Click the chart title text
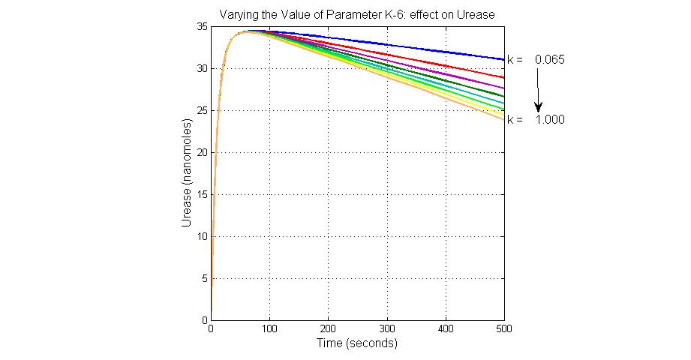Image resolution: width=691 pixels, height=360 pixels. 357,14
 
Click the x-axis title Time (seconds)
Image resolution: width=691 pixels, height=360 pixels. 357,343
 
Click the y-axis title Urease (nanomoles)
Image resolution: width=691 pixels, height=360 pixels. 186,172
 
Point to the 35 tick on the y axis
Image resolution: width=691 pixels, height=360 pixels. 202,26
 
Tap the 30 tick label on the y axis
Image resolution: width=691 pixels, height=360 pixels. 202,68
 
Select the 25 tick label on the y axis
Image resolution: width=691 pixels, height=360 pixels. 202,110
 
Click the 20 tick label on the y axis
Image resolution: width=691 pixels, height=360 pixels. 202,152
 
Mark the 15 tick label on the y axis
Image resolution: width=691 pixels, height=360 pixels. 202,194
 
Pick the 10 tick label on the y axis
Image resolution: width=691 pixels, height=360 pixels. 202,236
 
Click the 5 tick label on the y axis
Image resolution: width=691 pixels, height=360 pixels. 204,278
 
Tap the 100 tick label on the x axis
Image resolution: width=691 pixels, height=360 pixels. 269,328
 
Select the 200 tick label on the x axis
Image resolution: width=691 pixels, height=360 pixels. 328,328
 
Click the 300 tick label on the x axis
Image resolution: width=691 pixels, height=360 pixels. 386,328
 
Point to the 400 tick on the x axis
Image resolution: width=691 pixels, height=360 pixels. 446,328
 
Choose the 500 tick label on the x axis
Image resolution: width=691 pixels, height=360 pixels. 504,328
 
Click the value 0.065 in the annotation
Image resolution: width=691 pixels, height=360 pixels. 550,58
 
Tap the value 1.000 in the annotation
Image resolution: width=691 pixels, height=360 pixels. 550,120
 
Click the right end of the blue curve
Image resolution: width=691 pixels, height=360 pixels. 503,59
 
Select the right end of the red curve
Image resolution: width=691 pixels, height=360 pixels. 503,77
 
